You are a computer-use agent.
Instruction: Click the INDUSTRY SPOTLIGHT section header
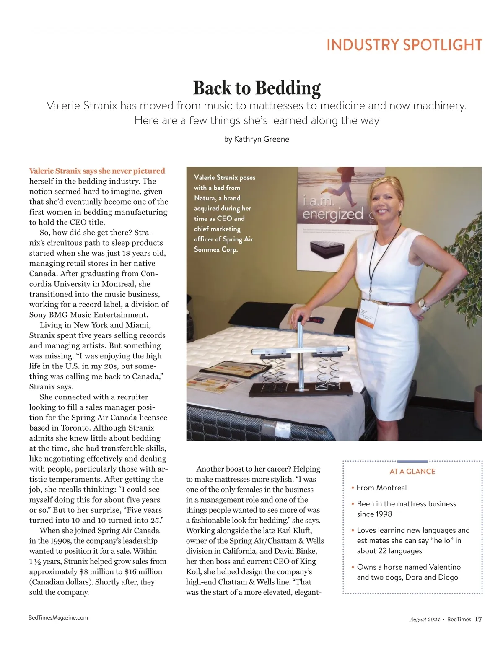(x=404, y=45)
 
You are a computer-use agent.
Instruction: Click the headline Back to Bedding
(x=257, y=88)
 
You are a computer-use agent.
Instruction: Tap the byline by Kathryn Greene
(x=257, y=139)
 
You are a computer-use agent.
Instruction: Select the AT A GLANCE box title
(x=412, y=472)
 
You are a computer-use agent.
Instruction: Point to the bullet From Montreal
(x=381, y=488)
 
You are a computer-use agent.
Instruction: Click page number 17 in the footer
(x=478, y=619)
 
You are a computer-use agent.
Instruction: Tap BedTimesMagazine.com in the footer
(x=58, y=617)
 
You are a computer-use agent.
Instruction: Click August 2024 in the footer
(x=425, y=620)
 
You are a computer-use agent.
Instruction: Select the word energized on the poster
(x=333, y=215)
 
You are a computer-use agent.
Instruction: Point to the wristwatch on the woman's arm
(x=424, y=304)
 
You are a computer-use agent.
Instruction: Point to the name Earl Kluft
(x=293, y=531)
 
